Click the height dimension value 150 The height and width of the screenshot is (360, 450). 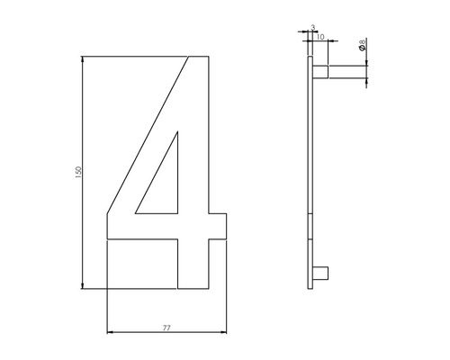point(78,170)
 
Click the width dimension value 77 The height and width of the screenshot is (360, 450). point(166,328)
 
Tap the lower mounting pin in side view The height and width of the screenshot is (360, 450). point(325,273)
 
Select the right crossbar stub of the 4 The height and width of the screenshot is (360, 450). point(218,228)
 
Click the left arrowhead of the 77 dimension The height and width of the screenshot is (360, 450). point(110,334)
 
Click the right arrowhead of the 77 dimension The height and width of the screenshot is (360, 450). point(223,334)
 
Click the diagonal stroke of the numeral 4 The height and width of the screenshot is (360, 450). point(148,135)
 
